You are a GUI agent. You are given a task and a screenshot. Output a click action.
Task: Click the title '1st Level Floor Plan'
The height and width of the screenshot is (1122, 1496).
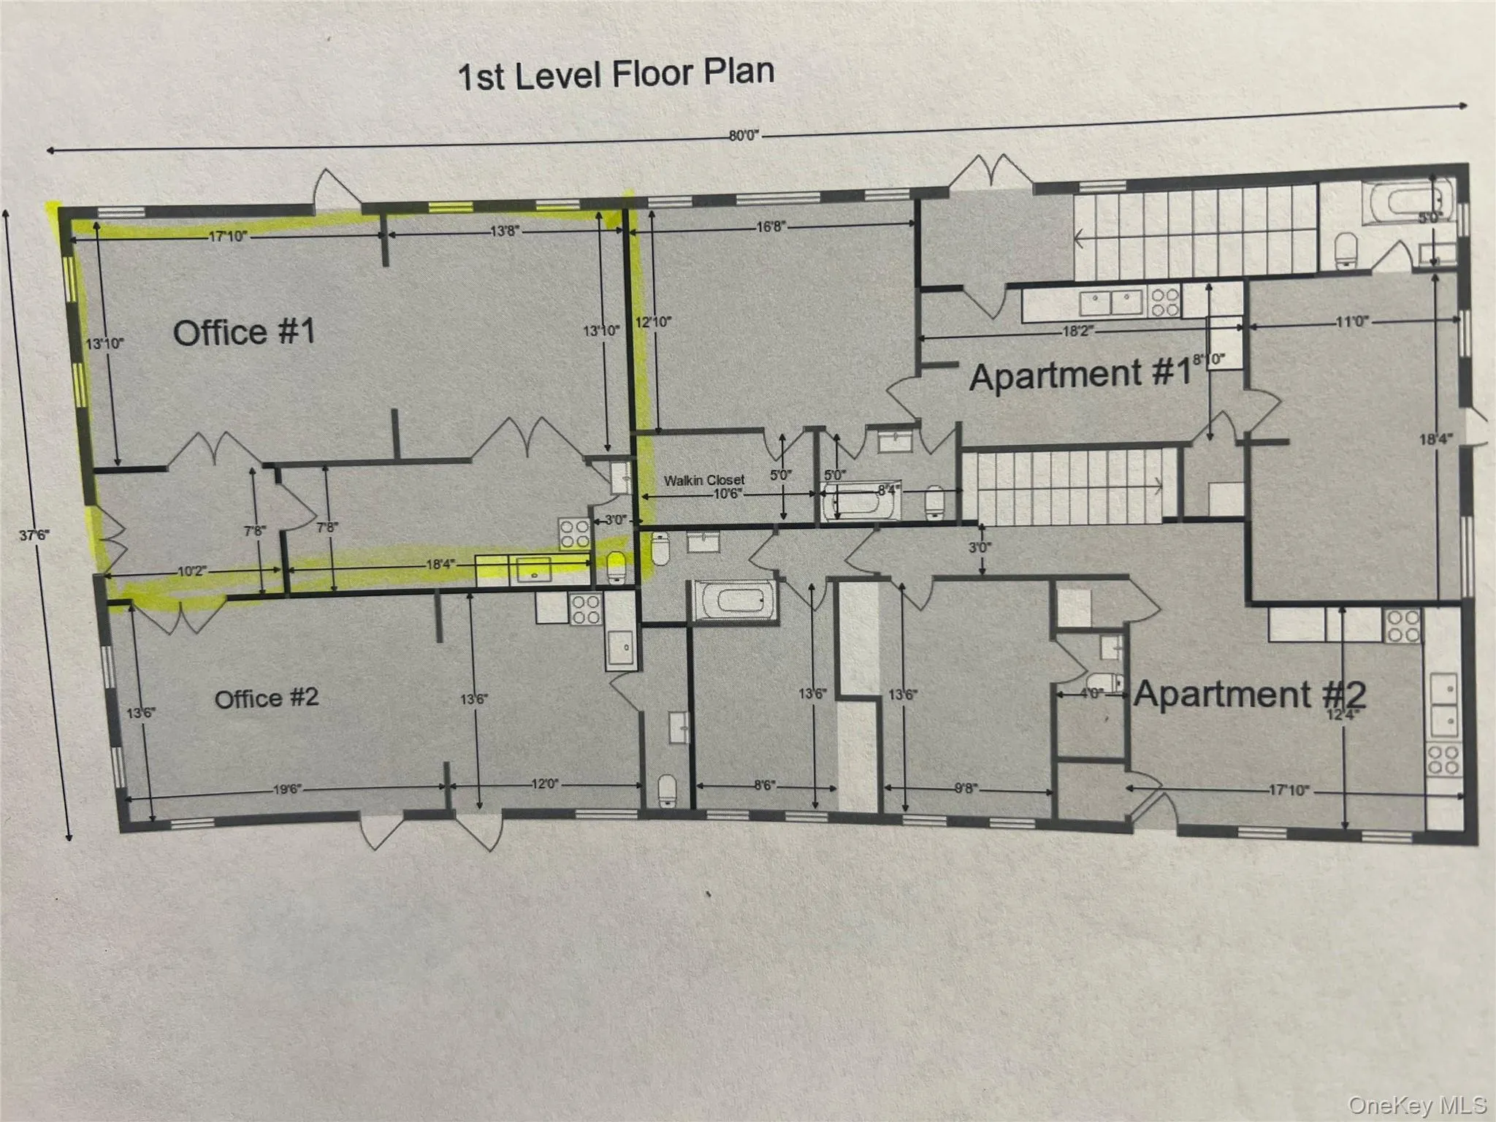click(616, 75)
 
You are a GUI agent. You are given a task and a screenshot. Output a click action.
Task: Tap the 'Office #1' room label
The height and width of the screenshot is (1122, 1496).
click(244, 332)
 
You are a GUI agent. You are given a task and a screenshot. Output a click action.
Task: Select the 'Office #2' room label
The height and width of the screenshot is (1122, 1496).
click(267, 698)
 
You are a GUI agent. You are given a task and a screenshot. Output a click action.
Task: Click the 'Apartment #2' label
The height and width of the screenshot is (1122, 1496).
click(1249, 694)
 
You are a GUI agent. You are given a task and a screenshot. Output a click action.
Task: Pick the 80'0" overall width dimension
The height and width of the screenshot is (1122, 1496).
click(744, 135)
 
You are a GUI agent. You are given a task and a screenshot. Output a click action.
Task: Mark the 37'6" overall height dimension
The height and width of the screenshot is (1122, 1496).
click(34, 535)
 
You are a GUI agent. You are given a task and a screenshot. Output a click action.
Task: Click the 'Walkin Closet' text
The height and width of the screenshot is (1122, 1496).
click(704, 480)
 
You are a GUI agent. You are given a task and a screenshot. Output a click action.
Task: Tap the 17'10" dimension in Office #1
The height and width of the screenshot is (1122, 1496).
click(228, 236)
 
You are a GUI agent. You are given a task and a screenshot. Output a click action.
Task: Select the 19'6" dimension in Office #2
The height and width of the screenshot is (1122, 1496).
click(287, 789)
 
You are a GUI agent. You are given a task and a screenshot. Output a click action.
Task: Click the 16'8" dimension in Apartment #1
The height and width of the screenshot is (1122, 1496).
click(771, 227)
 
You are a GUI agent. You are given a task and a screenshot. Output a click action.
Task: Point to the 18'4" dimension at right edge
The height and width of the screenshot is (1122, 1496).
click(1435, 439)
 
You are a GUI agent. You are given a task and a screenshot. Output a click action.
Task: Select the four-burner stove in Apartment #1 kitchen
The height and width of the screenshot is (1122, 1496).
click(1164, 302)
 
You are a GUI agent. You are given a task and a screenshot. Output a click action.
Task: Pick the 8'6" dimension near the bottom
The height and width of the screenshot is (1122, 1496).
click(764, 785)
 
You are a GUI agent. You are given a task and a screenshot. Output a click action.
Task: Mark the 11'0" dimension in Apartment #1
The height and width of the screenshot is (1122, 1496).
click(1351, 321)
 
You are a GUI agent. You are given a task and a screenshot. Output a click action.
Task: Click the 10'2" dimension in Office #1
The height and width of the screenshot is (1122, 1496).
click(191, 571)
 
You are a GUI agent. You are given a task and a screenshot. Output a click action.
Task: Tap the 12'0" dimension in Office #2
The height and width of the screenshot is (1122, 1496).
click(544, 784)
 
